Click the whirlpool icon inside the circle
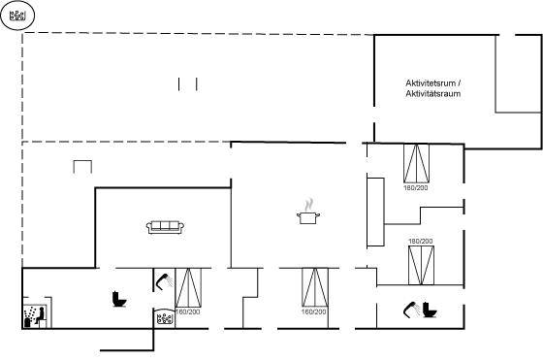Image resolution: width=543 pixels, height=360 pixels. pyautogui.click(x=17, y=16)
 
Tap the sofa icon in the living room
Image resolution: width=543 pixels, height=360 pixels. pyautogui.click(x=165, y=227)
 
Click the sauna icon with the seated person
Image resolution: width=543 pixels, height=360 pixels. pyautogui.click(x=34, y=316)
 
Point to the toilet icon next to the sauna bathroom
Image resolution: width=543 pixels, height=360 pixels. pyautogui.click(x=119, y=300)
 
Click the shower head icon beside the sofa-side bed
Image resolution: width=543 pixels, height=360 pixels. pyautogui.click(x=165, y=280)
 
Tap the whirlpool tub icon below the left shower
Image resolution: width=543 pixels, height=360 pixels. pyautogui.click(x=165, y=317)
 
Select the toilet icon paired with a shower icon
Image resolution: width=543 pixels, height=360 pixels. pyautogui.click(x=430, y=310)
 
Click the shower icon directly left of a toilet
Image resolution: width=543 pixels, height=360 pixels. pyautogui.click(x=412, y=310)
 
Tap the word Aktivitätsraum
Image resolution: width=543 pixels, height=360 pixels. pyautogui.click(x=433, y=93)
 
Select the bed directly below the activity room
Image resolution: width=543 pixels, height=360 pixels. pyautogui.click(x=416, y=164)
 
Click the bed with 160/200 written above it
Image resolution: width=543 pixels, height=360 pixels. pyautogui.click(x=421, y=266)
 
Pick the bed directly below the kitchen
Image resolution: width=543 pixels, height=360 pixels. pyautogui.click(x=315, y=287)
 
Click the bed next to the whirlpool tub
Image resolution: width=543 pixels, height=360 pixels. pyautogui.click(x=188, y=287)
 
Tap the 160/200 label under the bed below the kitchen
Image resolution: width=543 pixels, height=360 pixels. pyautogui.click(x=314, y=311)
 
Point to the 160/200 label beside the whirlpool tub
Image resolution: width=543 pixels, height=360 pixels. pyautogui.click(x=188, y=311)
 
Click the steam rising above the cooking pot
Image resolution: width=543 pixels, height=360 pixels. pyautogui.click(x=308, y=205)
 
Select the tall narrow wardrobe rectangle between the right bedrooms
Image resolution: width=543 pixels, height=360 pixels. pyautogui.click(x=376, y=213)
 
